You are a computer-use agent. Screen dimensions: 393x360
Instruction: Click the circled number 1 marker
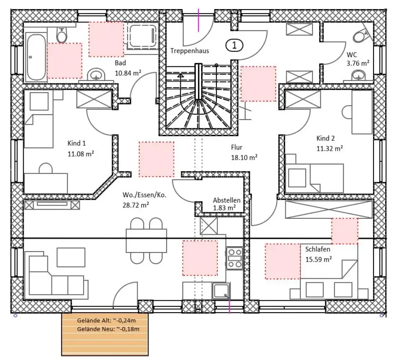tap(234, 45)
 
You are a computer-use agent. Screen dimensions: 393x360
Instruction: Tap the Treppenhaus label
tap(190, 51)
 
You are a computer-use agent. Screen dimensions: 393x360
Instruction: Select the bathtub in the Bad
tap(36, 57)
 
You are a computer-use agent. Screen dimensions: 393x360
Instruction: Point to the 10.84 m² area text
tap(128, 73)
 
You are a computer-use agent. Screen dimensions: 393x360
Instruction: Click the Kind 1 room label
tap(77, 143)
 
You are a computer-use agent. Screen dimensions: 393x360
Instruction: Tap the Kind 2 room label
tap(325, 138)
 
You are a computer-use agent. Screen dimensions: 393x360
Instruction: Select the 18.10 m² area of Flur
tap(244, 157)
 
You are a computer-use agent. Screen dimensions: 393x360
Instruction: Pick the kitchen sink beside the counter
tap(221, 291)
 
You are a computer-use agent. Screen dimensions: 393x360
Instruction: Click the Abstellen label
tap(226, 200)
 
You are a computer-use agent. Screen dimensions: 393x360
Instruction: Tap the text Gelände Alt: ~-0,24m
tap(106, 321)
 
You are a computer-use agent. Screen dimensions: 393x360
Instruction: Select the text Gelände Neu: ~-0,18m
tap(108, 329)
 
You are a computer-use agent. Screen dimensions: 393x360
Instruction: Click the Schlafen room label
tap(317, 249)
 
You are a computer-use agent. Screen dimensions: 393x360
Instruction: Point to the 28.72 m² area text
tap(136, 205)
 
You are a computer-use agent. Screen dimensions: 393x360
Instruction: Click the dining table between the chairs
tap(146, 241)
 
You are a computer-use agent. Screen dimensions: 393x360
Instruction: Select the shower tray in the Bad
tap(143, 36)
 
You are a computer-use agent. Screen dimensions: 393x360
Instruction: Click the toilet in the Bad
tap(61, 35)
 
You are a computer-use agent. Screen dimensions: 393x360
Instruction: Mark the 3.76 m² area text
tap(358, 63)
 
